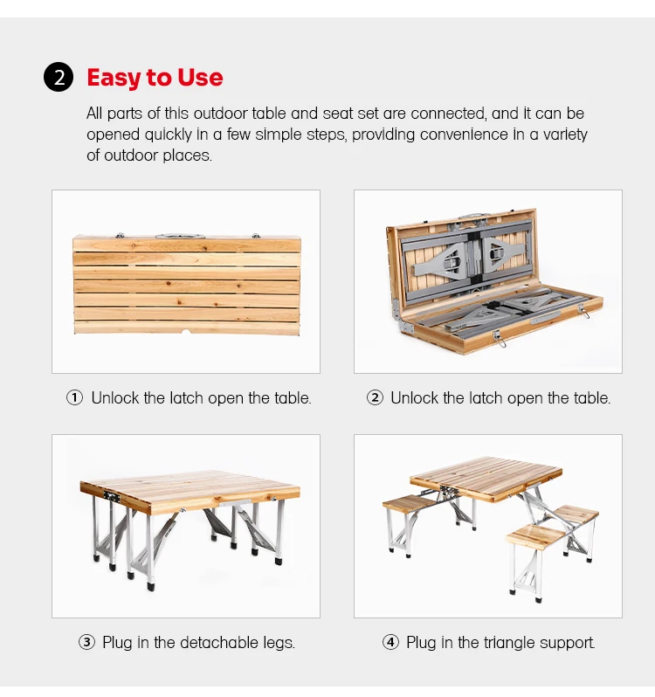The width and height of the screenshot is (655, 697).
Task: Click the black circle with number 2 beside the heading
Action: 59,78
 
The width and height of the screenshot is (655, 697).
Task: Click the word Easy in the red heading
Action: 114,79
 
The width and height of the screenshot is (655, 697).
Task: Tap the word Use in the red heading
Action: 200,78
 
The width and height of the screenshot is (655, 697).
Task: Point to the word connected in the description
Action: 448,114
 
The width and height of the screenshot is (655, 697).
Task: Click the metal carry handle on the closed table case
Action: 180,235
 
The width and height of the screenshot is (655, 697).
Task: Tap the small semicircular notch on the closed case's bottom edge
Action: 186,332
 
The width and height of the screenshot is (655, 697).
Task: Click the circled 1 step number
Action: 74,397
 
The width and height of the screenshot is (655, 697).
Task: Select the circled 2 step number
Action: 375,397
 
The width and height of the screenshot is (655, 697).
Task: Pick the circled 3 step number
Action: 86,642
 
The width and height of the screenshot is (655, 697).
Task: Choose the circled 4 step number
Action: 390,642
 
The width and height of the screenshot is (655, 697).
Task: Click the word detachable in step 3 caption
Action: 218,642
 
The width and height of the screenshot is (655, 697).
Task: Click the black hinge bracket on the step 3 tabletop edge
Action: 112,496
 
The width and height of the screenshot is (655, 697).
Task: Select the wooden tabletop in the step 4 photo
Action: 486,479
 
